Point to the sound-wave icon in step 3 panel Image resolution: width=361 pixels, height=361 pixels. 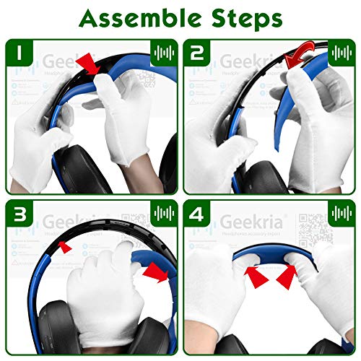click(x=162, y=214)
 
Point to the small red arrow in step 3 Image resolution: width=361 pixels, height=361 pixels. click(x=65, y=248)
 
